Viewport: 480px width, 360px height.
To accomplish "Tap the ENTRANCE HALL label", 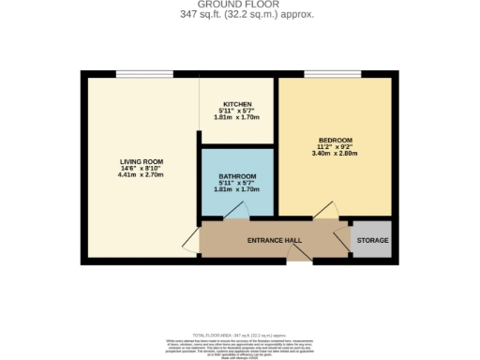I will pyautogui.click(x=274, y=241).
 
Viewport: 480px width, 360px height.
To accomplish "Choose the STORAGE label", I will pyautogui.click(x=371, y=241).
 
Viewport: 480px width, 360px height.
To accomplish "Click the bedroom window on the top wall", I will pyautogui.click(x=334, y=74).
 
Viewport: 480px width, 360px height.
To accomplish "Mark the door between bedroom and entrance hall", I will pyautogui.click(x=325, y=212).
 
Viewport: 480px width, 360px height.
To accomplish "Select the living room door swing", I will pyautogui.click(x=191, y=238).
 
